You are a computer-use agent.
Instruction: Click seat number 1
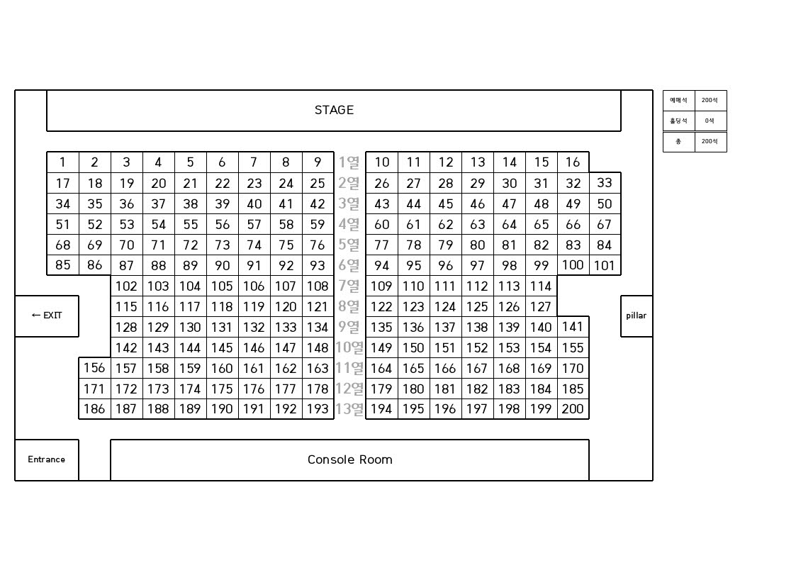62,162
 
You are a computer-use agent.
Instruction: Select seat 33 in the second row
605,183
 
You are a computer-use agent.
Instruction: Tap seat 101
605,266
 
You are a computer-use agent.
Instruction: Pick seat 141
573,327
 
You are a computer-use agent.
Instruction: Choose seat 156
94,368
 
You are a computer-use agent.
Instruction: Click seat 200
573,409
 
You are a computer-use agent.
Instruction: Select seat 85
62,265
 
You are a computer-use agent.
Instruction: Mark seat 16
573,162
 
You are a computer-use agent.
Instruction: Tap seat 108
318,286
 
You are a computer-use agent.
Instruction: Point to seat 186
94,409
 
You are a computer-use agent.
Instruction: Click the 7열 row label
349,286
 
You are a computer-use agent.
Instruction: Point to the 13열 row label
349,409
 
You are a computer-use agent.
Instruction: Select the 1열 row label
349,162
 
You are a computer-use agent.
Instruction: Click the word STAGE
334,110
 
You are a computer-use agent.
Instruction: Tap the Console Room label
350,459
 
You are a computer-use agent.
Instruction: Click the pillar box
637,316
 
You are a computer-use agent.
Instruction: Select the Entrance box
47,459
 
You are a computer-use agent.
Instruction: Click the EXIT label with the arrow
47,316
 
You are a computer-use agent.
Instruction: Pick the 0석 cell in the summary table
710,121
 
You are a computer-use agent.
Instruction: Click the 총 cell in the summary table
678,142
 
